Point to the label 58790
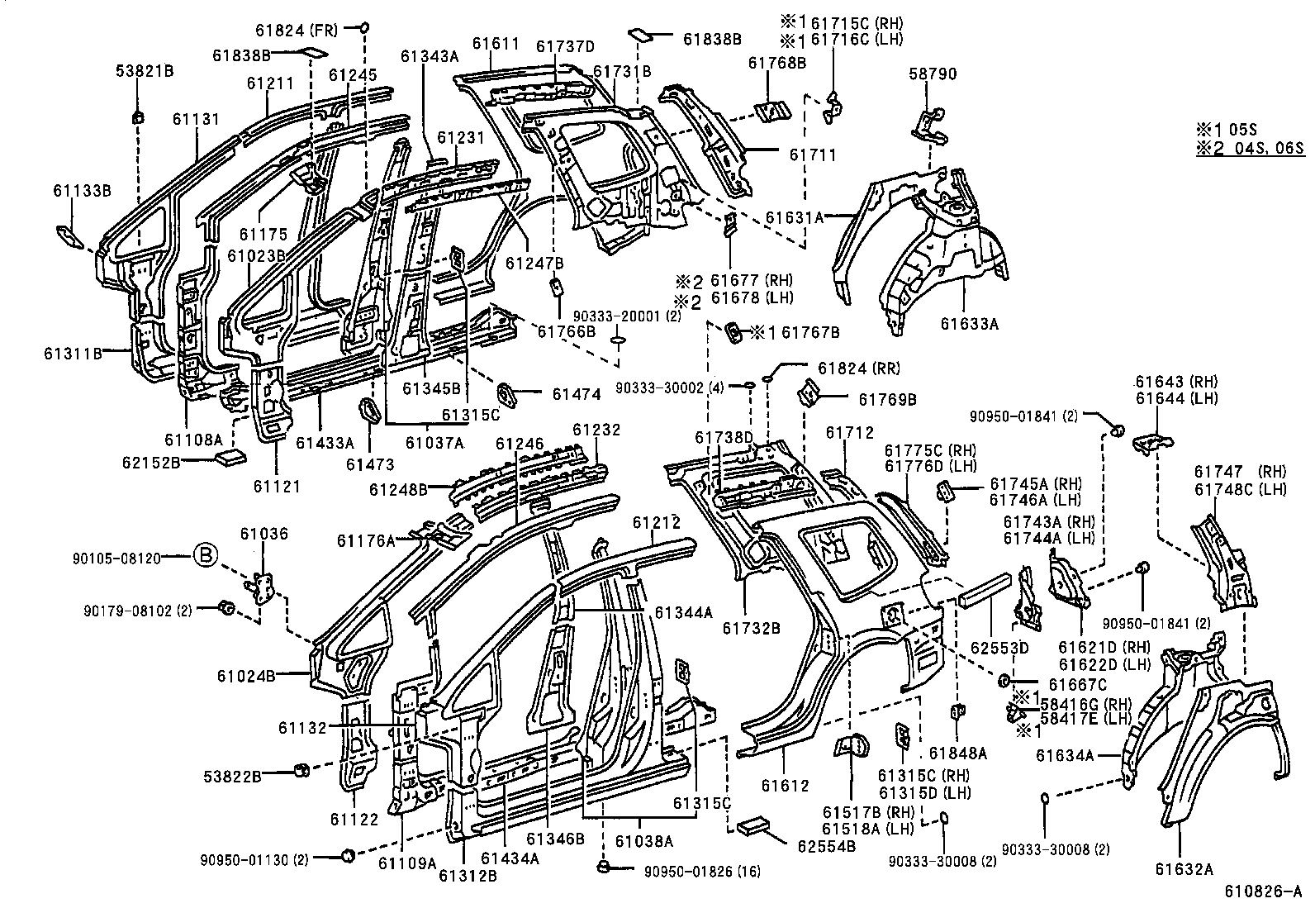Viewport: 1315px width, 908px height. coord(933,74)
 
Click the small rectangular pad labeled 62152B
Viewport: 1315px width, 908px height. coord(230,458)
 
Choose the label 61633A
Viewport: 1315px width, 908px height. coord(968,325)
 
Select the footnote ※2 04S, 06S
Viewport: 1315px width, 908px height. coord(1249,149)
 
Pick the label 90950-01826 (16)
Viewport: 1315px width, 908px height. coord(702,871)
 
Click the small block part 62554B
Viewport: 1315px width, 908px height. coord(752,827)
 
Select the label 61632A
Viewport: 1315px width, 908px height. coord(1184,868)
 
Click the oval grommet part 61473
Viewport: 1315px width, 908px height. coord(367,410)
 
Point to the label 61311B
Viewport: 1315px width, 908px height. coord(73,354)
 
